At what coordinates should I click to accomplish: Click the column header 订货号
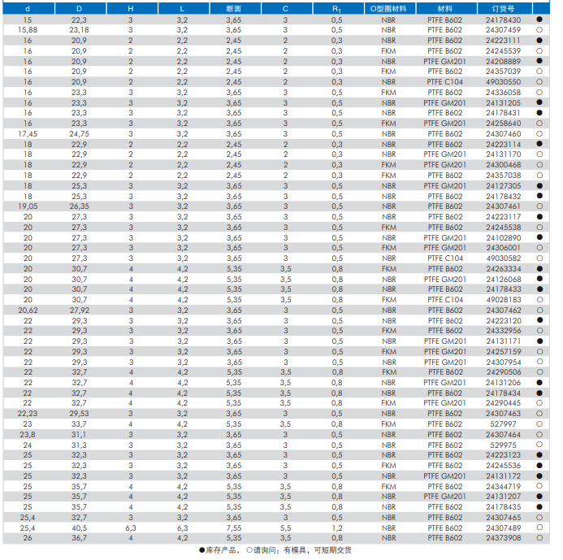pyautogui.click(x=503, y=8)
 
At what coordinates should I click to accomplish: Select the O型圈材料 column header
pyautogui.click(x=388, y=8)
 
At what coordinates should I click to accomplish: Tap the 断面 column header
pyautogui.click(x=233, y=8)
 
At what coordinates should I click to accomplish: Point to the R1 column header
pyautogui.click(x=336, y=8)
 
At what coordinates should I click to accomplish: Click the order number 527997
pyautogui.click(x=503, y=424)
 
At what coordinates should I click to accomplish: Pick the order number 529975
pyautogui.click(x=503, y=445)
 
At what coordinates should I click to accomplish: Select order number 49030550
pyautogui.click(x=503, y=81)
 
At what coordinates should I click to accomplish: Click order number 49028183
pyautogui.click(x=503, y=299)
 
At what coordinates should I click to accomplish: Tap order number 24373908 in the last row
pyautogui.click(x=503, y=538)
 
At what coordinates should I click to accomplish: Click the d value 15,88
pyautogui.click(x=28, y=29)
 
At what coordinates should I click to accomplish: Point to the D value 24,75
pyautogui.click(x=80, y=133)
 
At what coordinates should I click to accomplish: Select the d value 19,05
pyautogui.click(x=28, y=206)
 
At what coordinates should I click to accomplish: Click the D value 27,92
pyautogui.click(x=80, y=310)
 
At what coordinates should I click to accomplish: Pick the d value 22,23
pyautogui.click(x=28, y=414)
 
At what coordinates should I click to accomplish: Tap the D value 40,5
pyautogui.click(x=80, y=527)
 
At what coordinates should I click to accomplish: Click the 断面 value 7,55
pyautogui.click(x=233, y=527)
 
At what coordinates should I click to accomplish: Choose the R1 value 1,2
pyautogui.click(x=336, y=527)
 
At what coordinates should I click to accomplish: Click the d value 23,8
pyautogui.click(x=28, y=434)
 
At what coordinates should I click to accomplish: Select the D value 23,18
pyautogui.click(x=80, y=29)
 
